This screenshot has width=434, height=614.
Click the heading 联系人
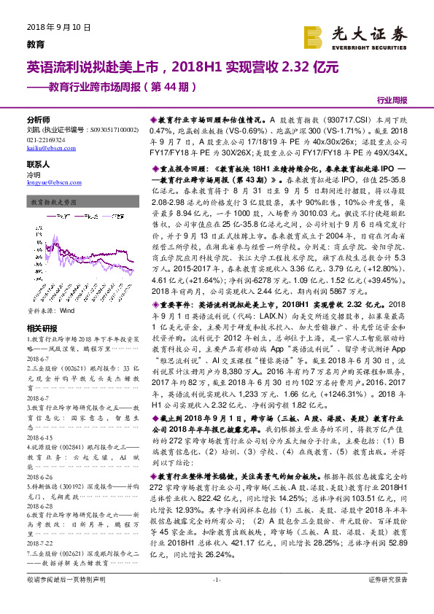pos(38,165)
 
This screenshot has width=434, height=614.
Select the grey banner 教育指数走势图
pos(55,204)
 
